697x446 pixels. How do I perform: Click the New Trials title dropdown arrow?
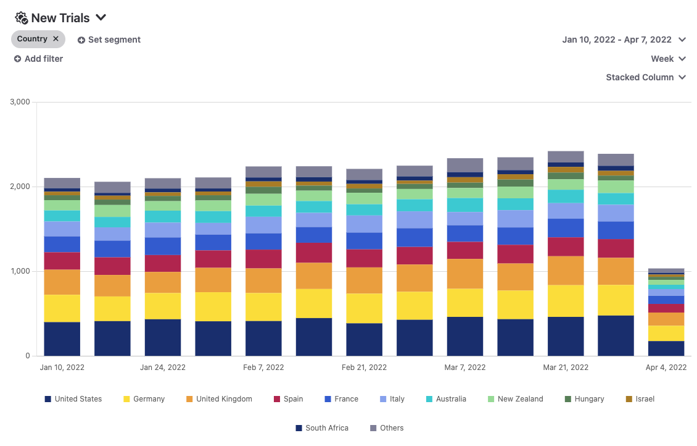click(x=102, y=17)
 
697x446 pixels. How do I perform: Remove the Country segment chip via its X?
click(x=56, y=39)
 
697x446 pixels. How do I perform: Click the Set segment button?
click(x=109, y=40)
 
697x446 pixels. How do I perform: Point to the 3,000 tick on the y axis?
click(x=20, y=102)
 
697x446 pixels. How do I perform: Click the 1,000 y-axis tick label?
click(x=20, y=271)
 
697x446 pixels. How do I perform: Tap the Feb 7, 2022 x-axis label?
click(x=263, y=367)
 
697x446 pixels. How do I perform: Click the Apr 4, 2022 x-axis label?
click(x=666, y=367)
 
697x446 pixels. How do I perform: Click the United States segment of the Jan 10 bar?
click(x=62, y=339)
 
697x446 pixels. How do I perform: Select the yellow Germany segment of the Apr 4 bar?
click(x=666, y=333)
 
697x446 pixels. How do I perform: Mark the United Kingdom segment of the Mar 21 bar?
click(x=566, y=270)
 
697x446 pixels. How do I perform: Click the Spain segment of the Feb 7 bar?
click(x=263, y=258)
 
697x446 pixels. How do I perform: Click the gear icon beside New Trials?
click(x=21, y=18)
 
